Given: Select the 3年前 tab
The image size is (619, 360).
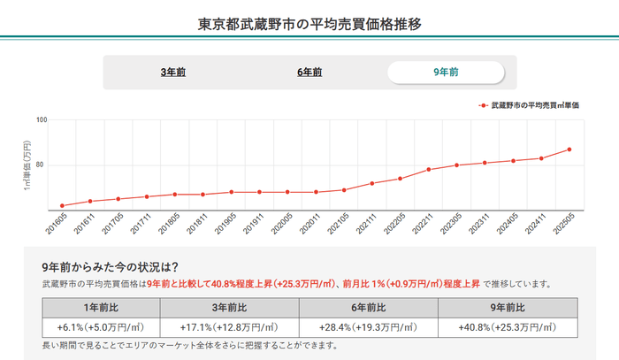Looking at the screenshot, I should (173, 72).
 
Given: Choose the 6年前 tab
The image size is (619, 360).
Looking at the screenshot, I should (309, 72).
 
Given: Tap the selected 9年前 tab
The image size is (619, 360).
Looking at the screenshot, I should (446, 72).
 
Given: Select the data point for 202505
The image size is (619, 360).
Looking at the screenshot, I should (569, 149).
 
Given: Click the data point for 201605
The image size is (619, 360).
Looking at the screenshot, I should (62, 205).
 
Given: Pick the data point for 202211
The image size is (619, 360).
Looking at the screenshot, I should (429, 169).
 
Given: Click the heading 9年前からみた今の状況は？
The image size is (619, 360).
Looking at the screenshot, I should (111, 267).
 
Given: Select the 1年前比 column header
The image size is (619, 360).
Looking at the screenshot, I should (100, 307).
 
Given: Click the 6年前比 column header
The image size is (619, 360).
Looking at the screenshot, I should (369, 307).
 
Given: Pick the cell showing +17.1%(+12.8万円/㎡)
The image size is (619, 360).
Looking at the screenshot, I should (230, 327).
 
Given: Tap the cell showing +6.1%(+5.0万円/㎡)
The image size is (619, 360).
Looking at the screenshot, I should (100, 327).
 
